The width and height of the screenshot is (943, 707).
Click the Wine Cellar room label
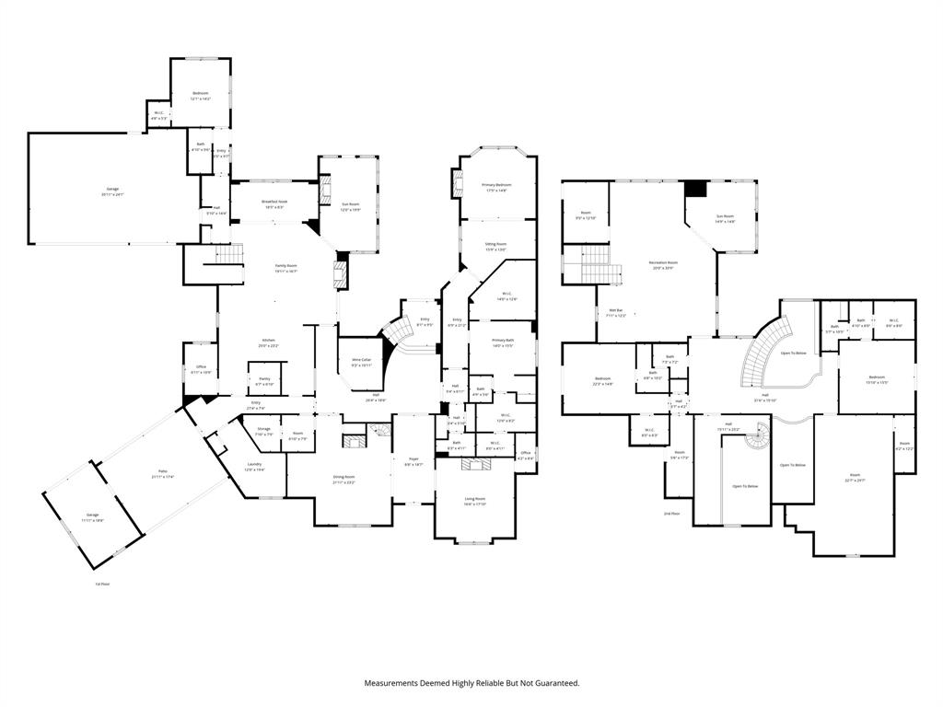click(361, 361)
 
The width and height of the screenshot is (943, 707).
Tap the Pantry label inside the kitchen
click(263, 378)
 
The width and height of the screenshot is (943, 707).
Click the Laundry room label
click(254, 467)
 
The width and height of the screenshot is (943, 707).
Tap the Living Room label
click(474, 500)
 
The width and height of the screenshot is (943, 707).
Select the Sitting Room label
click(496, 247)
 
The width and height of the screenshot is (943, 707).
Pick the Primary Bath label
click(502, 342)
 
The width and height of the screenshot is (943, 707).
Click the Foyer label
click(413, 463)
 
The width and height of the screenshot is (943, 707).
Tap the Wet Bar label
click(614, 312)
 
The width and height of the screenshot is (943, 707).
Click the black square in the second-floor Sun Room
click(695, 189)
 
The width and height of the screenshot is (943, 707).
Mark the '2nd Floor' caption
click(672, 513)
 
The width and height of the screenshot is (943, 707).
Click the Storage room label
click(263, 432)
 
